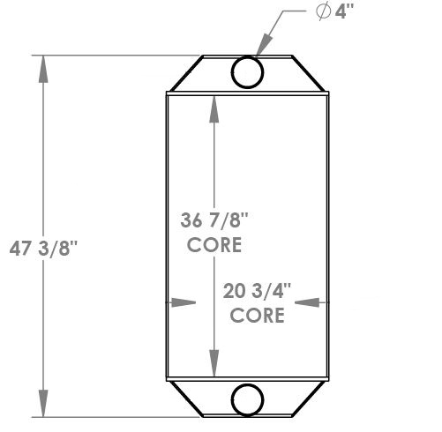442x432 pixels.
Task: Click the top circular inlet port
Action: coord(247,71)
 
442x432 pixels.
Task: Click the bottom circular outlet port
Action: coord(247,399)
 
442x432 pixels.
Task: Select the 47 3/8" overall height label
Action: coord(46,249)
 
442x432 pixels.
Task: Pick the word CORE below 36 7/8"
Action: coord(214,246)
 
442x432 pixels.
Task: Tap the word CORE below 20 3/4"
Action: coord(257,315)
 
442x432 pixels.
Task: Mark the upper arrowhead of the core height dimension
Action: coord(214,106)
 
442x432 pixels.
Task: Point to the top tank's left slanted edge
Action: coord(184,73)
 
